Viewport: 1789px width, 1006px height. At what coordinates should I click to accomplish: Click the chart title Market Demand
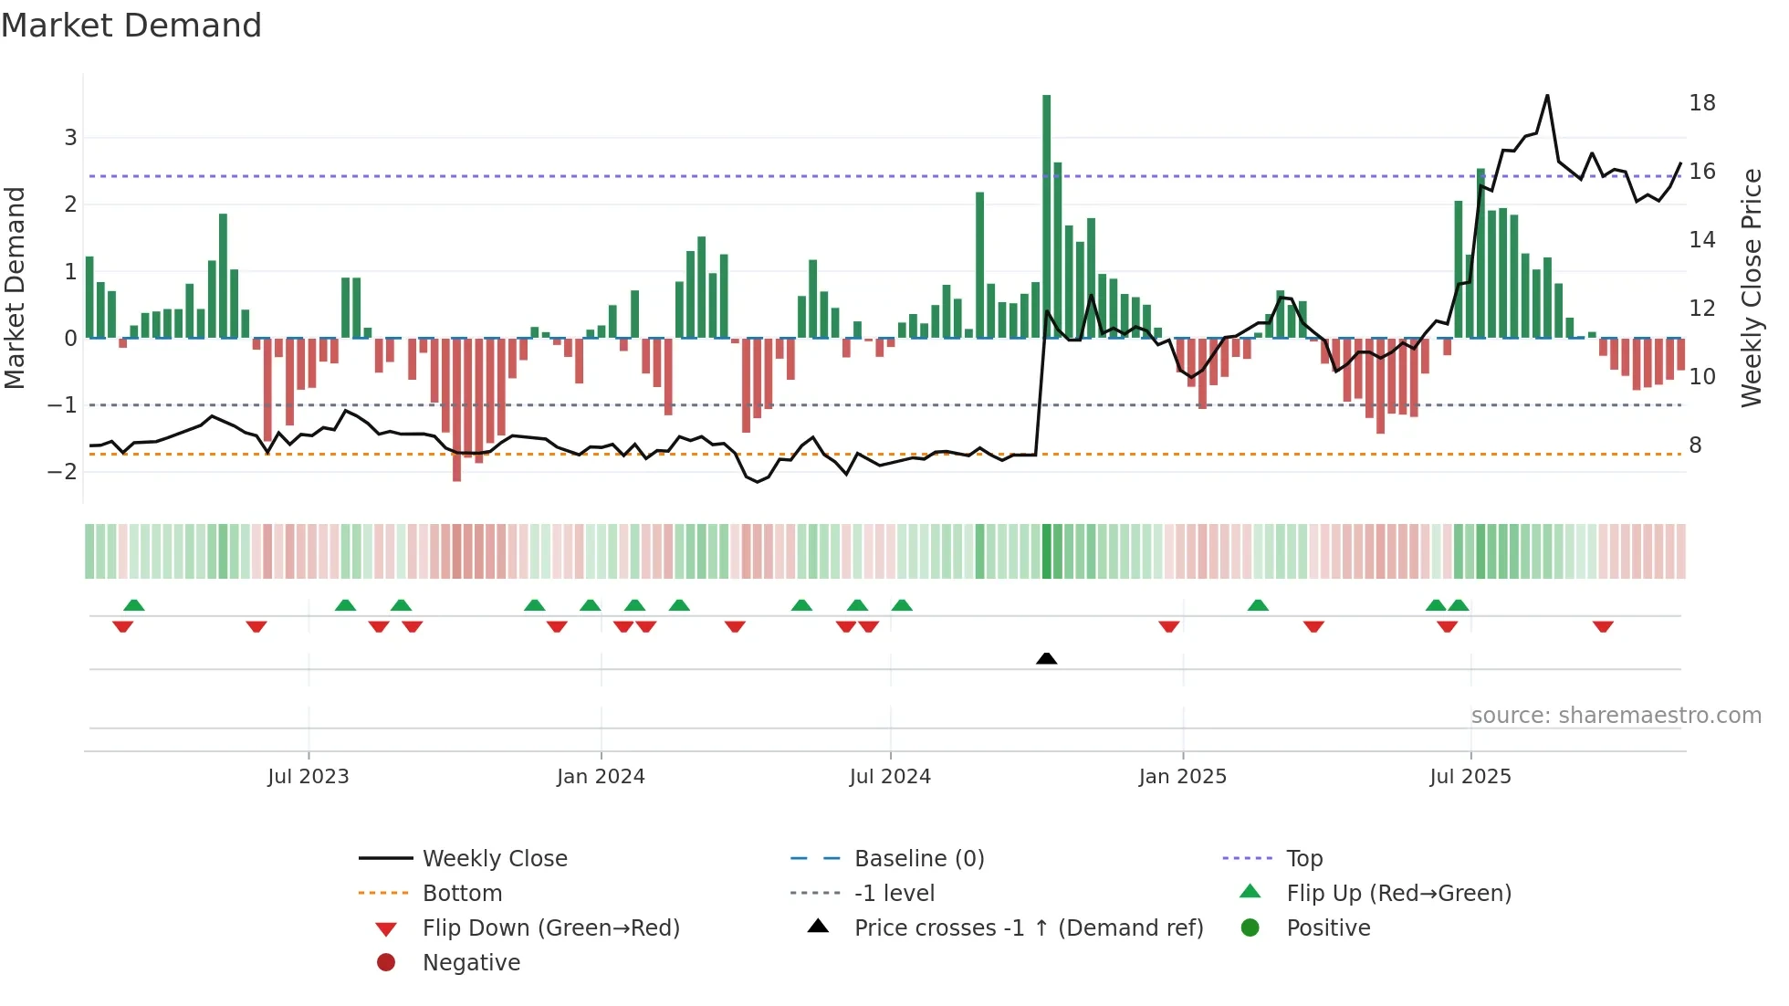[131, 26]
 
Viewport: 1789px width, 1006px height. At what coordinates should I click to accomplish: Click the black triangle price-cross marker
[1046, 658]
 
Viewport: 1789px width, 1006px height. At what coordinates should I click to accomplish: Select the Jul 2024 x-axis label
[890, 776]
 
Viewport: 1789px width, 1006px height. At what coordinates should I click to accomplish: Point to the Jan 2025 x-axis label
[1182, 776]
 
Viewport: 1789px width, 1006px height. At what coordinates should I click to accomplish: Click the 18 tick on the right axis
[1701, 102]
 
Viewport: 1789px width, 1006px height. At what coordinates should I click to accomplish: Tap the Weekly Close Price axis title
[1751, 288]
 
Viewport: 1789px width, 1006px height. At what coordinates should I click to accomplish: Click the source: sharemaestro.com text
[1616, 715]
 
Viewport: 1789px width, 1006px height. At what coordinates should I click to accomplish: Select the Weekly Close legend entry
[494, 858]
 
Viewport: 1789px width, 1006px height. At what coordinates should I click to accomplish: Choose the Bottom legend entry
[462, 893]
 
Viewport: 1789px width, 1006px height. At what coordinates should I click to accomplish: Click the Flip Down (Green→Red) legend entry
[550, 927]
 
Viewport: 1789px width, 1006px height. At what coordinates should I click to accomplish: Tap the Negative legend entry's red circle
[386, 962]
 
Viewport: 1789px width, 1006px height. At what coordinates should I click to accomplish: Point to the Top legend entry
[1303, 858]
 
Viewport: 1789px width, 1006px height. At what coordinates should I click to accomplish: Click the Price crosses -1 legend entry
[1028, 927]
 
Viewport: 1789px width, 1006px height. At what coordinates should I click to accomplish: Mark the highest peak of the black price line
[1547, 96]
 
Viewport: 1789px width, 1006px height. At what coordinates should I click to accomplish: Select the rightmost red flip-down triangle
[1603, 626]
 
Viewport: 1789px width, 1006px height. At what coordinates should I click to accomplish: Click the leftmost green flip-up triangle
[134, 605]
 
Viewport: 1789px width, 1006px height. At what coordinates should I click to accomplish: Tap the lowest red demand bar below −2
[456, 411]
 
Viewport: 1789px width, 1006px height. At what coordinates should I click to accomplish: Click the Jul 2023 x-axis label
[308, 776]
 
